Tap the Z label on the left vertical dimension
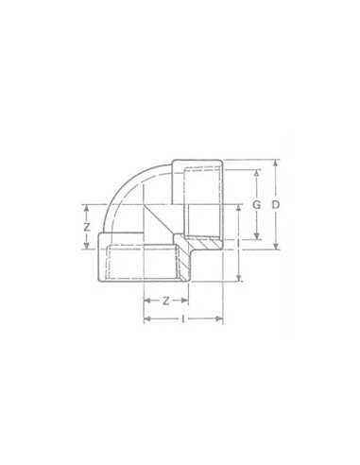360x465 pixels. click(87, 227)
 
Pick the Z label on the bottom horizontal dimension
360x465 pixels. click(166, 301)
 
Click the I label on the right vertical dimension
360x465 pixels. click(238, 242)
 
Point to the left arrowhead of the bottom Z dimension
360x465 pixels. click(146, 302)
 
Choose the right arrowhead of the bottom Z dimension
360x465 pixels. click(188, 302)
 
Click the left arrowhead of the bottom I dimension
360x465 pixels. click(146, 320)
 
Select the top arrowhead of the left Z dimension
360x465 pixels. click(87, 207)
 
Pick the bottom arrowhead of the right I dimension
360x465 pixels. click(238, 278)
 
